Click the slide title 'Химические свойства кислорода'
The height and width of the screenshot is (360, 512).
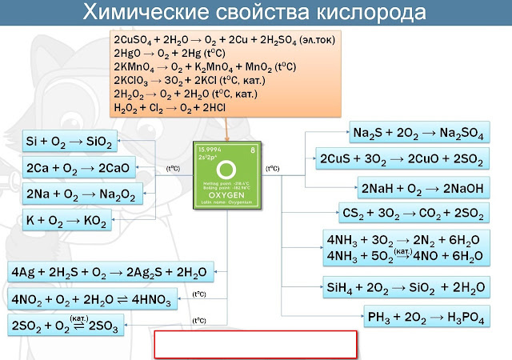click(x=256, y=14)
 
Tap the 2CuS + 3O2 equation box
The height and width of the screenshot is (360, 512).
click(x=401, y=159)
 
